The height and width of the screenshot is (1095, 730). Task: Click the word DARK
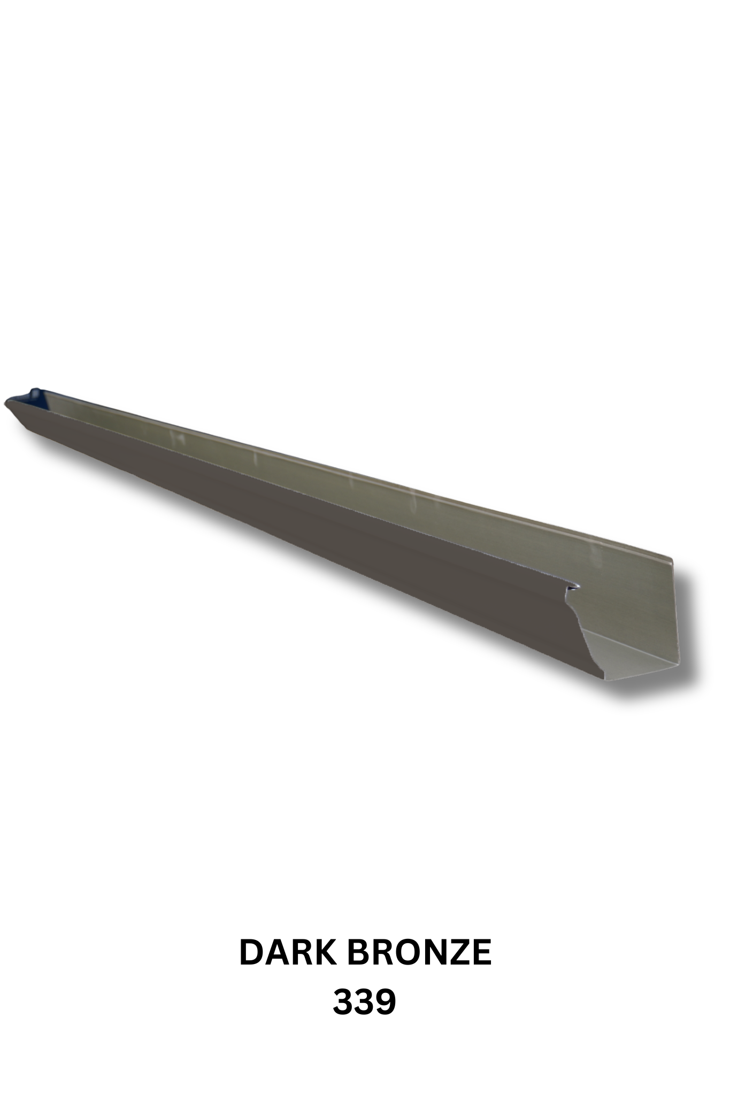289,952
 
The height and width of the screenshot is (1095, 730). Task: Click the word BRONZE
419,952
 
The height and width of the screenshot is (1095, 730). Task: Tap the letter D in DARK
251,952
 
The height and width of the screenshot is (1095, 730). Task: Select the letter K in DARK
327,952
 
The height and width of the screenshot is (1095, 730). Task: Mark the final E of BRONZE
481,952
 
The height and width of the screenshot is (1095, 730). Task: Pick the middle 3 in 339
364,1001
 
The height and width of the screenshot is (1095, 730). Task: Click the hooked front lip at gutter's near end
573,587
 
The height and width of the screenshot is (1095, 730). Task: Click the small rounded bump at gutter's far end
35,391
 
